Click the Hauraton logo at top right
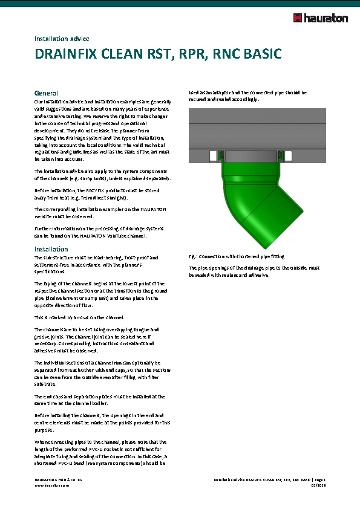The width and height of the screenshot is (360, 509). coord(320,18)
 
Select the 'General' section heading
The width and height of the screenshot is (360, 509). coord(46,93)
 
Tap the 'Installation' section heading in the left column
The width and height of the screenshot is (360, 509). coord(51,249)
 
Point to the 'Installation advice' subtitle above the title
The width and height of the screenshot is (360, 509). coord(62,39)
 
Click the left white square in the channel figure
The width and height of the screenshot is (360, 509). coord(212,157)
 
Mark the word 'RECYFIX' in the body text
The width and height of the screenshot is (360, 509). coord(96,190)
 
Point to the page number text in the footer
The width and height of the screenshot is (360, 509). coord(320,479)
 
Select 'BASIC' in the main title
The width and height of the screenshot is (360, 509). coord(261,54)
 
